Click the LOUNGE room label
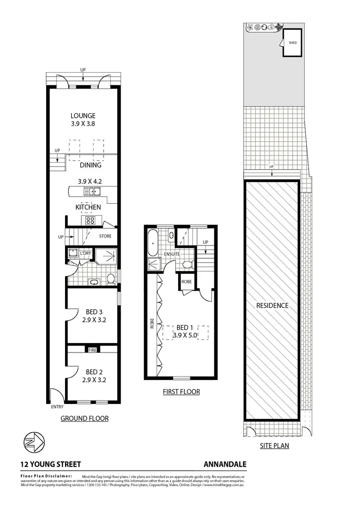(x=83, y=115)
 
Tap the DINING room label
(x=90, y=165)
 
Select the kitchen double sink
(x=92, y=191)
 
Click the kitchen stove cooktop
(x=90, y=220)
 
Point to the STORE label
(x=105, y=236)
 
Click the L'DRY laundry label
(x=85, y=253)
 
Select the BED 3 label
(x=94, y=312)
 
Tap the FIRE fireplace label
(x=92, y=350)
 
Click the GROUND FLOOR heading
(x=85, y=418)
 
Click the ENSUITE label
(x=172, y=254)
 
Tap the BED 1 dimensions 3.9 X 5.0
(x=184, y=336)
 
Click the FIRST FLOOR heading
(x=181, y=392)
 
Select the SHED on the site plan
(x=292, y=43)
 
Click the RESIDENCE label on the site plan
(x=272, y=305)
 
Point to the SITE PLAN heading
(x=274, y=445)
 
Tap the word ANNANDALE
(x=225, y=464)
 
